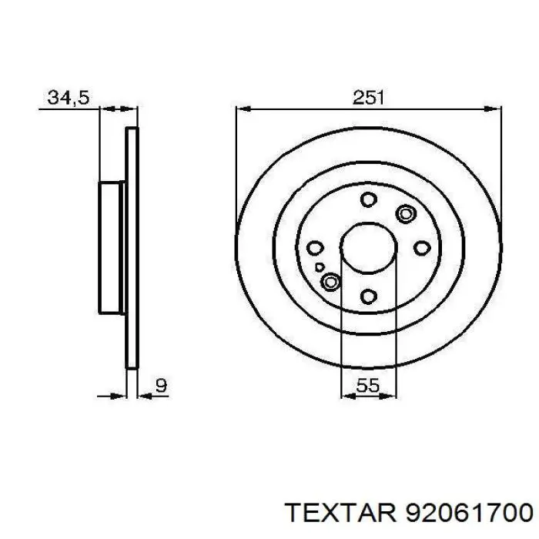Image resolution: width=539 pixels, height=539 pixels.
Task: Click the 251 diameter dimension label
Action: [x=368, y=98]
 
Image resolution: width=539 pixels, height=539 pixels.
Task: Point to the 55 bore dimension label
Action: [x=367, y=387]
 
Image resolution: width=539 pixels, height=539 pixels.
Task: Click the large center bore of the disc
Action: [x=367, y=248]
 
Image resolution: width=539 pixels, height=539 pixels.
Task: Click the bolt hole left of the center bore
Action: [x=314, y=248]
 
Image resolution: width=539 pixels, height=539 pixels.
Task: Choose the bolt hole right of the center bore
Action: [x=420, y=248]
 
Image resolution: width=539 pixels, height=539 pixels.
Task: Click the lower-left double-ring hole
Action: [x=331, y=283]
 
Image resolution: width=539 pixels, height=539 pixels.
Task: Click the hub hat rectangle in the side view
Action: [x=112, y=248]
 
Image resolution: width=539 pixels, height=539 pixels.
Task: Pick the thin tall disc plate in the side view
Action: [x=132, y=248]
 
